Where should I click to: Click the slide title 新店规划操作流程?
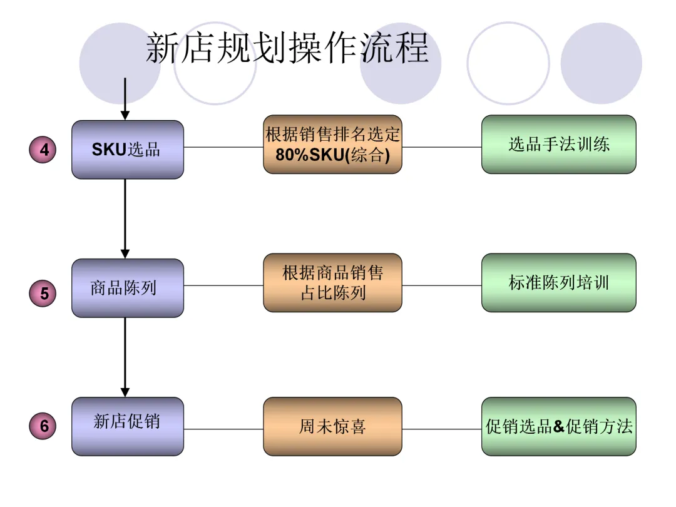pos(287,48)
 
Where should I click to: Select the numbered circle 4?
pos(44,150)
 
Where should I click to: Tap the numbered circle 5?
pos(44,294)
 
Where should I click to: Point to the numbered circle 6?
pos(44,426)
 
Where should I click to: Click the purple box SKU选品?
pos(128,150)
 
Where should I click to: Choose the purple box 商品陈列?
pos(128,288)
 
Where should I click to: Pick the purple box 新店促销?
pos(128,426)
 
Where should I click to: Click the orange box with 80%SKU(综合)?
pos(332,145)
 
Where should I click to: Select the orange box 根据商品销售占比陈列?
pos(332,283)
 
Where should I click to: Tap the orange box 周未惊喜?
pos(332,426)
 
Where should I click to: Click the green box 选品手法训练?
pos(558,145)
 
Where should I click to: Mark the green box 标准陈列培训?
pos(558,283)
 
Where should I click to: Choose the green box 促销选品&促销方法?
pos(558,426)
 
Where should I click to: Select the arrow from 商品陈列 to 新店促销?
pos(125,356)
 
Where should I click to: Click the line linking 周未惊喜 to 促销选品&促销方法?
pos(441,429)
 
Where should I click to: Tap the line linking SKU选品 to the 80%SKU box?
pos(223,148)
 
